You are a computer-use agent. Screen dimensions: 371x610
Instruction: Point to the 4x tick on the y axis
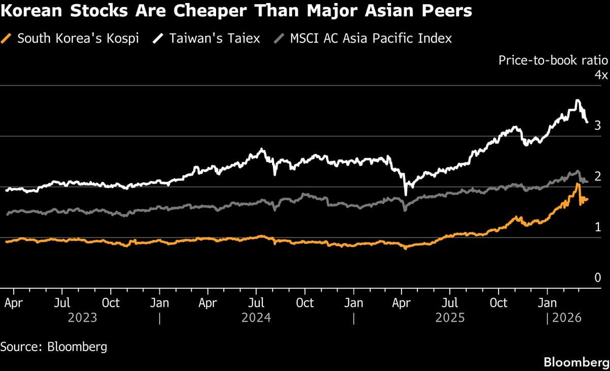pos(601,75)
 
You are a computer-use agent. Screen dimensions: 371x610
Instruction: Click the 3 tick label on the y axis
pos(598,126)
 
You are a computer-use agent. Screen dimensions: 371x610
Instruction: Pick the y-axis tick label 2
pos(598,176)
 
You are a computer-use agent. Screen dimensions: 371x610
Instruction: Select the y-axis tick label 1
pos(598,227)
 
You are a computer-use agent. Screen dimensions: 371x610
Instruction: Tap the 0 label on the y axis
pos(598,278)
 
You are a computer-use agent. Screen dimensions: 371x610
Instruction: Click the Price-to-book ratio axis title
pos(553,60)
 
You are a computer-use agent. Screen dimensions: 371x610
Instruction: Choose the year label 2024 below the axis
pos(256,318)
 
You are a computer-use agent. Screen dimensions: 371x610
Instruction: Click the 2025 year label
pos(450,318)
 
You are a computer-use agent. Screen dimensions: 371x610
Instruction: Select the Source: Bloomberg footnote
pos(53,347)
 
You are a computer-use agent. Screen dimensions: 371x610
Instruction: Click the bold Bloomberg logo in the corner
pos(576,362)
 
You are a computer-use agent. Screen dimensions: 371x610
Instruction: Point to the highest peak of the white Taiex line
pos(577,101)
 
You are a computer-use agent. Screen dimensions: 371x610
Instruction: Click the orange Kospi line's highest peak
pos(577,184)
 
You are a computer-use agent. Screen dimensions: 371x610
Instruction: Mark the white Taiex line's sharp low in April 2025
pos(405,194)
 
